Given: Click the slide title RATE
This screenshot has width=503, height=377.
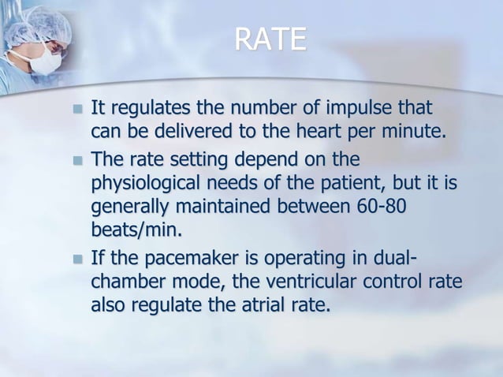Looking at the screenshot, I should [x=270, y=39].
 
